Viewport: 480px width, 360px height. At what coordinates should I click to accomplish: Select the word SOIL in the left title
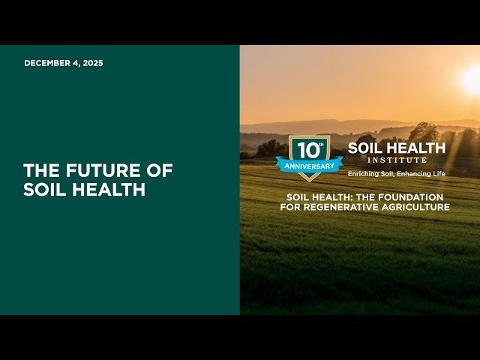pos(41,190)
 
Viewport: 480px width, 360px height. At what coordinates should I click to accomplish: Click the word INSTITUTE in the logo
pos(397,160)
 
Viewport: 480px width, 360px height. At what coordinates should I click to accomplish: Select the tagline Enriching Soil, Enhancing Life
pos(396,174)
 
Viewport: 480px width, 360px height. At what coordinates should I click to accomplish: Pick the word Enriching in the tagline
pos(363,174)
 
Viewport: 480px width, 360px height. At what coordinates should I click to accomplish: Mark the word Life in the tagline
pos(438,174)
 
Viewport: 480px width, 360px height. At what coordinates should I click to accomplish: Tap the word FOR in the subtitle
pos(292,207)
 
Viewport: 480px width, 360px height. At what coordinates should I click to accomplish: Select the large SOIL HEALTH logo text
pos(396,148)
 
